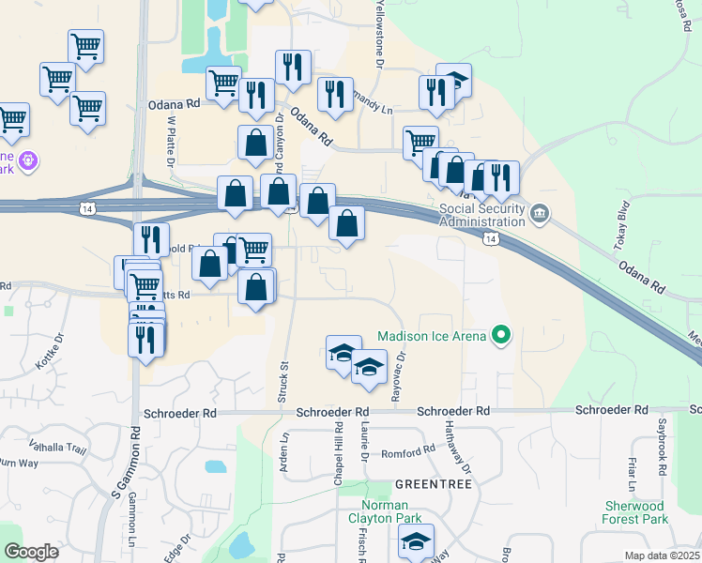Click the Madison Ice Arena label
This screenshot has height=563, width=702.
pos(432,336)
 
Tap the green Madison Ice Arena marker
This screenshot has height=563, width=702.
pos(502,335)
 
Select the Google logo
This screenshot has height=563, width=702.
pos(32,552)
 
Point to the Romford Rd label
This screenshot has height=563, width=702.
pos(408,450)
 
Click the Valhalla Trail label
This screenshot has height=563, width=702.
pos(58,449)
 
